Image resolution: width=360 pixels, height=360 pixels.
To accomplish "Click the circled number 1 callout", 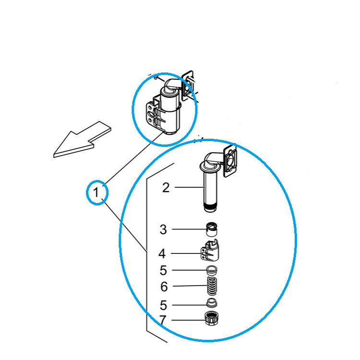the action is [x=97, y=192].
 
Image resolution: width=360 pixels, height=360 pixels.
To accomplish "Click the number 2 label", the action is [x=166, y=188].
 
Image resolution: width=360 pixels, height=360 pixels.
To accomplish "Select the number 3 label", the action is [x=163, y=229].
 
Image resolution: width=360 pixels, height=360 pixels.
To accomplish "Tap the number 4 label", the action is [x=162, y=254].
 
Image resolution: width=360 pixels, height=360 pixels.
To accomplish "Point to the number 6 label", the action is [x=164, y=287].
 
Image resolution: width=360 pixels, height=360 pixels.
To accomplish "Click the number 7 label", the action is [x=163, y=320].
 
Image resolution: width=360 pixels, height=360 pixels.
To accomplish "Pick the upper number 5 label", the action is [x=163, y=270].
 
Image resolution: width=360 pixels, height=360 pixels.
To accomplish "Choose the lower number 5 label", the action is [x=163, y=305].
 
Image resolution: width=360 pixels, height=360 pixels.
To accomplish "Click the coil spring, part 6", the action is [x=212, y=286].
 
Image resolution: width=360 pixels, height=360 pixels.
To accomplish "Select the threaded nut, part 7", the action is [x=212, y=318].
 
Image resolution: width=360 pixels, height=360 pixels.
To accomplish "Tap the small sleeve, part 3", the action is [x=212, y=229].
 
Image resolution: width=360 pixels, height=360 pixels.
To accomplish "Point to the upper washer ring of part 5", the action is [x=212, y=270].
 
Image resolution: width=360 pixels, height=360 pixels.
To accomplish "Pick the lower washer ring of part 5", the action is [x=212, y=303].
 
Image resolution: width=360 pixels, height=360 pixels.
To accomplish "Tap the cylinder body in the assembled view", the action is [x=169, y=110].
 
